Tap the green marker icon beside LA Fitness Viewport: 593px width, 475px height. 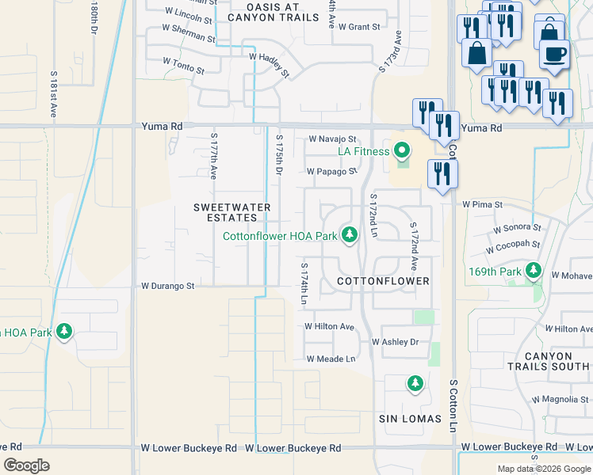402,150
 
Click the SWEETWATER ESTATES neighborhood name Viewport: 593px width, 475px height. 232,213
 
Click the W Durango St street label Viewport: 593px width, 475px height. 167,286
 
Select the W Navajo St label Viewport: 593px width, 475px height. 338,139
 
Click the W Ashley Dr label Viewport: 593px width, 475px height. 395,342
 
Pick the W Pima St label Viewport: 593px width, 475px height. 483,204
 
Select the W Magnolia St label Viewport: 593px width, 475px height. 565,399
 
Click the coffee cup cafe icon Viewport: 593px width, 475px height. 554,55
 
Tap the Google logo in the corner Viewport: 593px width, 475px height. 27,465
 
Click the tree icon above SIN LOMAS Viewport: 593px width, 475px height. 415,384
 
